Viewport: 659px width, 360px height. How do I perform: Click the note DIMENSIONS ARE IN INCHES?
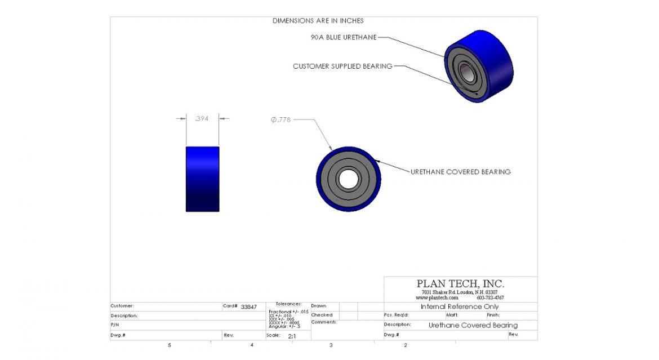coord(318,21)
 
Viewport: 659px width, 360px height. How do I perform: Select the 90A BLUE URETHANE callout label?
coord(343,37)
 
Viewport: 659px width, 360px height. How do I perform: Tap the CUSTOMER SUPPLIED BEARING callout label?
coord(342,66)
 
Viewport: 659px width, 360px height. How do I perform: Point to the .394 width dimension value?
coord(202,118)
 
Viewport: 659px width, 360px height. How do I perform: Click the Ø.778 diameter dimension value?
coord(280,119)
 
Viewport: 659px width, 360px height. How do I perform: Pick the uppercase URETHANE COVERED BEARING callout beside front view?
coord(460,172)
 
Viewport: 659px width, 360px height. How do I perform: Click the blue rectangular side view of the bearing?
coord(202,179)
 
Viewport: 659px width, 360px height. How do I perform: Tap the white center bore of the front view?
coord(349,179)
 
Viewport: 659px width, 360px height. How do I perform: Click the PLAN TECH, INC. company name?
coord(460,284)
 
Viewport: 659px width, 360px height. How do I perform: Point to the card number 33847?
coord(248,307)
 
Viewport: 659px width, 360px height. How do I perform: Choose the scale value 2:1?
coord(292,336)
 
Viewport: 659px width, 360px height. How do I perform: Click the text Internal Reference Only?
coord(460,306)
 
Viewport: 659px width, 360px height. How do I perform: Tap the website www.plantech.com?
coord(437,297)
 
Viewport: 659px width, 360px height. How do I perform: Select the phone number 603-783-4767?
coord(490,297)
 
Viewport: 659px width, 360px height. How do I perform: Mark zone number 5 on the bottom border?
coord(169,345)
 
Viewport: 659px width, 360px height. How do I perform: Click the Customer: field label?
coord(122,306)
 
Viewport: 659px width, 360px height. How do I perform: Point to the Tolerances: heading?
coord(288,304)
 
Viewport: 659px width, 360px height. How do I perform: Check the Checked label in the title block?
coord(322,315)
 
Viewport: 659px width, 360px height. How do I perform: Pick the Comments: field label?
coord(324,322)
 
